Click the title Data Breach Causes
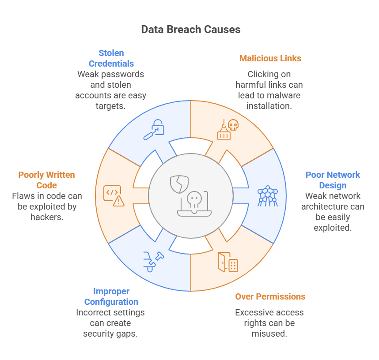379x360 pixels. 191,30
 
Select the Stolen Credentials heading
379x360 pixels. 111,58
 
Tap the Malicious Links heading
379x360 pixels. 270,58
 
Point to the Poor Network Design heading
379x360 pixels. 333,180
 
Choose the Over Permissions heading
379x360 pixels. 270,296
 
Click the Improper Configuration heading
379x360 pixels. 111,296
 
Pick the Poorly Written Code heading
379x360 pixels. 46,180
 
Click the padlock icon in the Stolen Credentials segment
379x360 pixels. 154,130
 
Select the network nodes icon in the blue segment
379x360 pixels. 267,196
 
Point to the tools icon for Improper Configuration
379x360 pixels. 153,261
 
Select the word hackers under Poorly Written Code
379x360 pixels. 46,217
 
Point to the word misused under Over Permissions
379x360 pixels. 269,334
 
